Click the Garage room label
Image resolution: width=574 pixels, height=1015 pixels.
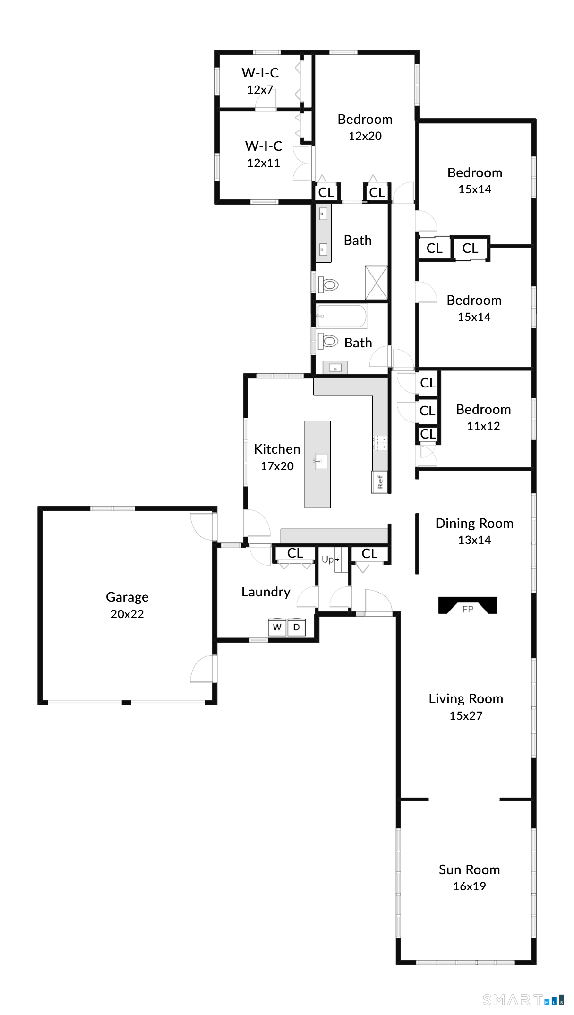tap(127, 597)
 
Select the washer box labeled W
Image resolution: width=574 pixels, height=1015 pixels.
tap(277, 627)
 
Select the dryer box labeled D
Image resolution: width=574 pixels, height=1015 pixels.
tap(297, 627)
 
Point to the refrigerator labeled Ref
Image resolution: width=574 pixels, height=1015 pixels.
tap(380, 482)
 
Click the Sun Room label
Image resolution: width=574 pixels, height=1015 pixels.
tap(469, 869)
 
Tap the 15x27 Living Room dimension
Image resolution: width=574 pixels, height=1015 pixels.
tap(466, 715)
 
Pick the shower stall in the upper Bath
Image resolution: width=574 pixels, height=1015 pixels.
tap(377, 283)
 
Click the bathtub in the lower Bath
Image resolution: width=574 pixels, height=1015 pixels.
tap(342, 317)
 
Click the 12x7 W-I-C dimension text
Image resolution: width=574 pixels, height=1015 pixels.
tap(260, 89)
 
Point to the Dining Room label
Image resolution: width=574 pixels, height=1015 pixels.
tap(474, 523)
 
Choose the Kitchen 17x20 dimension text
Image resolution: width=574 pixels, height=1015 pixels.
tap(277, 466)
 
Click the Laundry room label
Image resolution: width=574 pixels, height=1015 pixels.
tap(266, 592)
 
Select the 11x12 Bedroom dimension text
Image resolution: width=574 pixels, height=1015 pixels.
tap(483, 426)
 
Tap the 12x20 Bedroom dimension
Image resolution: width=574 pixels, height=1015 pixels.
tap(365, 136)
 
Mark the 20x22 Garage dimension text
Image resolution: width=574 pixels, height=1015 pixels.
tap(127, 614)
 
